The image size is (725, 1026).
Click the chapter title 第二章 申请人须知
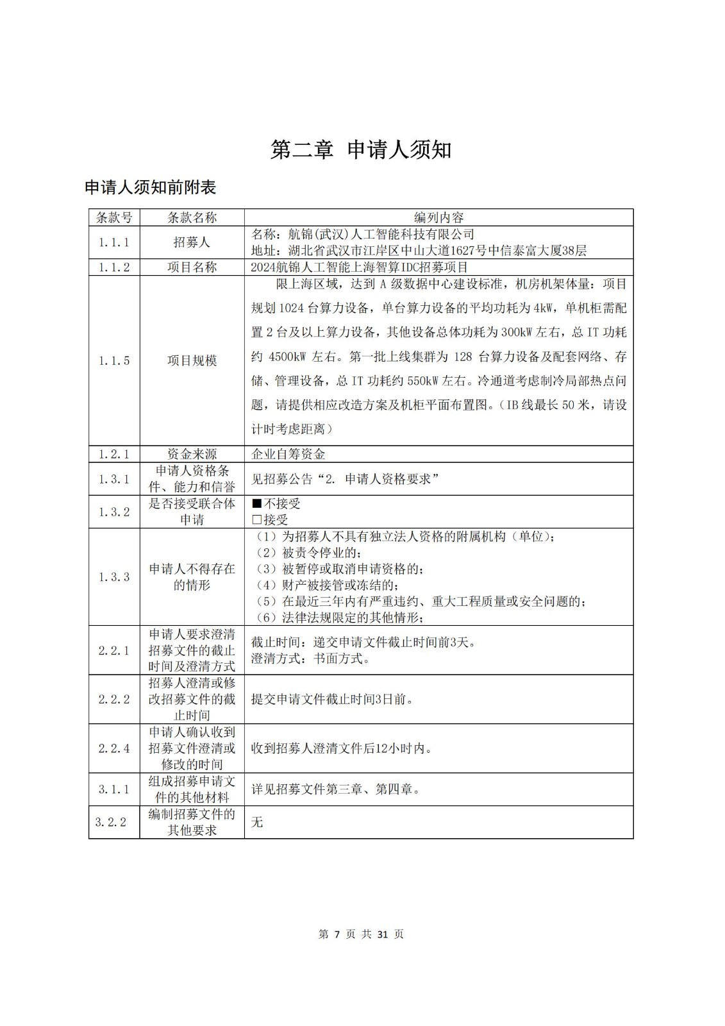pos(361,149)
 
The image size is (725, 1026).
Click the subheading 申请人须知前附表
pos(151,187)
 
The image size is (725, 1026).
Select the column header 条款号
pos(114,217)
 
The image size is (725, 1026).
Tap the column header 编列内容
pos(438,217)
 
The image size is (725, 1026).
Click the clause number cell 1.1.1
pos(114,242)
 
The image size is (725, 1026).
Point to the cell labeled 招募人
pos(192,242)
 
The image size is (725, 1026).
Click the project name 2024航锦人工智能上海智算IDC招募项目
pos(360,267)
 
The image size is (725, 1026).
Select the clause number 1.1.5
pos(114,360)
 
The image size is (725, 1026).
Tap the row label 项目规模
pos(192,360)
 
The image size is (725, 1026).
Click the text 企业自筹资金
pos(288,454)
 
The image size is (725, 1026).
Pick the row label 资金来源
pos(192,454)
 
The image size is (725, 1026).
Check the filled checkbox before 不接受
pos(256,503)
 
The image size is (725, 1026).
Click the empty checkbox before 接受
pos(256,520)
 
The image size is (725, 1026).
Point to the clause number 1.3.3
pos(114,577)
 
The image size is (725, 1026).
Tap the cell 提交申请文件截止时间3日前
pos(332,699)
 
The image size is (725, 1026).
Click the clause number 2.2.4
pos(114,748)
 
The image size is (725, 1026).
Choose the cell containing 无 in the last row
pos(257,822)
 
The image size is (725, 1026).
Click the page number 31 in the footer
pos(382,934)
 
